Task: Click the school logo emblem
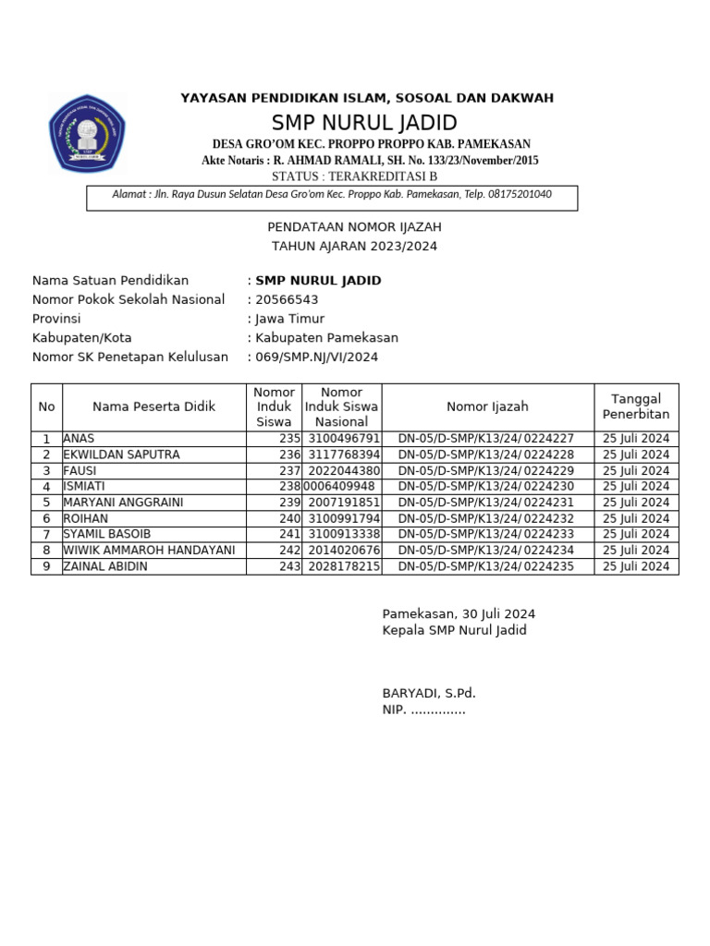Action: tap(87, 133)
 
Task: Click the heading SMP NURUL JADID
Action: tap(364, 123)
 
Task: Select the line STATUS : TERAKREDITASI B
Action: tap(355, 176)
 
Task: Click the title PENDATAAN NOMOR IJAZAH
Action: tap(354, 226)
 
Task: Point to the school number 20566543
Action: tap(287, 299)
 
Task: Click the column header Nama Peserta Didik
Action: tap(153, 406)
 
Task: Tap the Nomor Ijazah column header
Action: tap(487, 406)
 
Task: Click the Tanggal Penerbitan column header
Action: tap(636, 406)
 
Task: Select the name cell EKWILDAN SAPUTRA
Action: tap(121, 455)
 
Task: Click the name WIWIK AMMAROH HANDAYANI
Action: tap(149, 550)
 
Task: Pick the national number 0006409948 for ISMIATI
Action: tap(340, 486)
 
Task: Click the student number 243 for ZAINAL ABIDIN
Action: tap(289, 566)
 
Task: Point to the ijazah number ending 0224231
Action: tap(486, 503)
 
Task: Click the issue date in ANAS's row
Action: tap(636, 439)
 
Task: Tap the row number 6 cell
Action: tap(46, 518)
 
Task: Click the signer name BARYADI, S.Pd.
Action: tap(429, 693)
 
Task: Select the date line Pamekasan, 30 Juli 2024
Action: tap(459, 614)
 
